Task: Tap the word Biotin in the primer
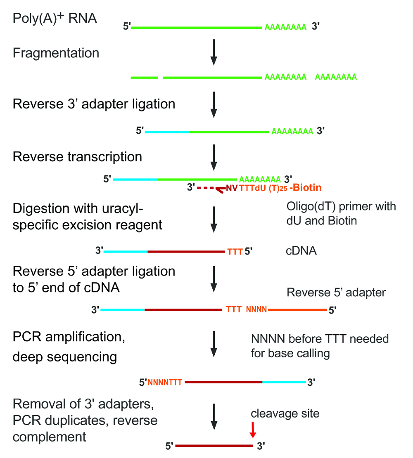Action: point(308,188)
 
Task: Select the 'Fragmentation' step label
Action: point(56,53)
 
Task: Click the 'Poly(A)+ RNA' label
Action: point(55,19)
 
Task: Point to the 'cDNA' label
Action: point(301,250)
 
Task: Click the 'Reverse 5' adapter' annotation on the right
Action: point(336,293)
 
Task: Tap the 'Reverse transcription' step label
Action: point(78,157)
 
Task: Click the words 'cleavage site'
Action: point(285,413)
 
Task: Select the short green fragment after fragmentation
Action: point(144,77)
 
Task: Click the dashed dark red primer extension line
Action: point(205,188)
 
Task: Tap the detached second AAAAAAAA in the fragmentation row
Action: point(336,77)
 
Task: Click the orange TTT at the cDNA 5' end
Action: point(235,251)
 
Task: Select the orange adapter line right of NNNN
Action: point(297,309)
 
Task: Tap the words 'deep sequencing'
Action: point(65,356)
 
